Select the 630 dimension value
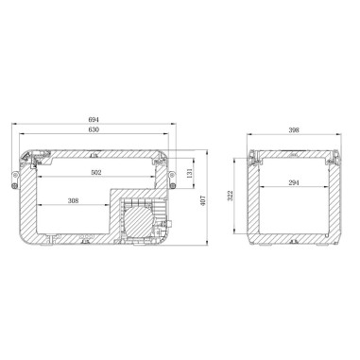pyautogui.click(x=94, y=130)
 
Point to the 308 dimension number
pyautogui.click(x=74, y=201)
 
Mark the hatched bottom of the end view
pyautogui.click(x=293, y=236)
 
